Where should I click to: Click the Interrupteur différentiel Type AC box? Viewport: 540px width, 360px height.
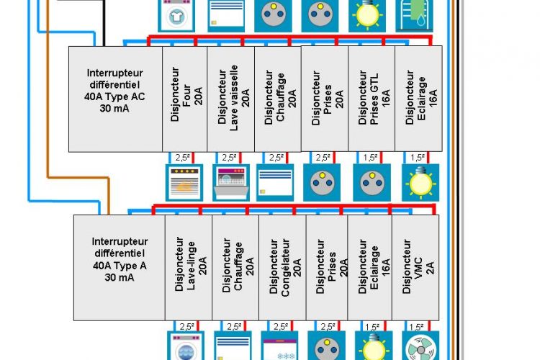(x=115, y=99)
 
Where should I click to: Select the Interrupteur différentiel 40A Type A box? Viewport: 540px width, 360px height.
(x=120, y=267)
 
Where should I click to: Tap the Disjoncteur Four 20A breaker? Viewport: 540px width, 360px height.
(x=186, y=99)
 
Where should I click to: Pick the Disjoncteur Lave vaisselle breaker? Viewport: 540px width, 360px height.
(x=231, y=99)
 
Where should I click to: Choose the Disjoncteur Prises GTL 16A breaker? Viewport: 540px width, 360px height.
(x=372, y=99)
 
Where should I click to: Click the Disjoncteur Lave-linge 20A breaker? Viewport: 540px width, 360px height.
(x=189, y=267)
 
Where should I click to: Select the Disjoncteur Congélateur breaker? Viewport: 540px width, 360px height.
(x=282, y=267)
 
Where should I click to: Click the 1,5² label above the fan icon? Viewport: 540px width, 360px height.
(x=418, y=326)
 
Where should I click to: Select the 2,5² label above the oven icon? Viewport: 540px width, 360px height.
(x=183, y=158)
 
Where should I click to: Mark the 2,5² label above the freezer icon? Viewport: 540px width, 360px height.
(x=281, y=326)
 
